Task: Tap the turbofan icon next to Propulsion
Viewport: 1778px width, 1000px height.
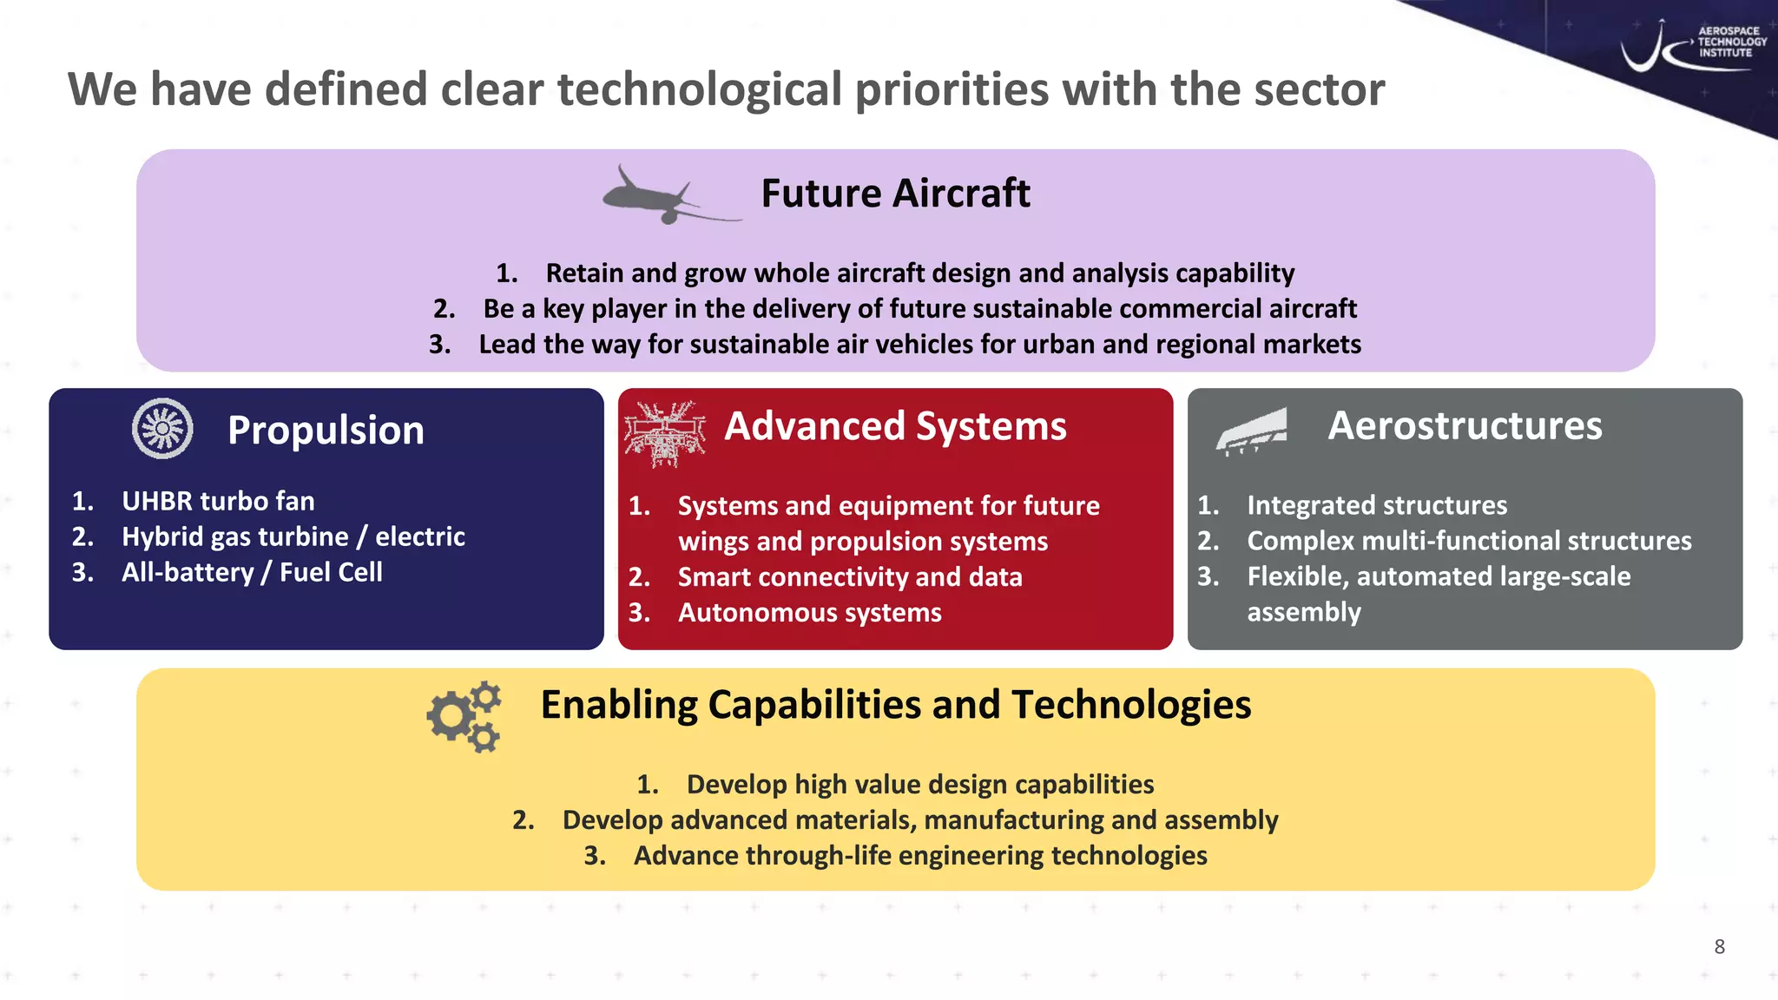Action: tap(162, 428)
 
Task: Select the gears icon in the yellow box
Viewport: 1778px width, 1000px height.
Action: tap(464, 716)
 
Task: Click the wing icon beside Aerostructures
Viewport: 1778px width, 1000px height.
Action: tap(1251, 431)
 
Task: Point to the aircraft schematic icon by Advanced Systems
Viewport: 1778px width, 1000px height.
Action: tap(664, 433)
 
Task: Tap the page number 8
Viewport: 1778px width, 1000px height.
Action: tap(1719, 946)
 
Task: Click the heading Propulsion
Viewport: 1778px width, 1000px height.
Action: tap(326, 431)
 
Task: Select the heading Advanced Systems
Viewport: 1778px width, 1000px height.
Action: tap(895, 426)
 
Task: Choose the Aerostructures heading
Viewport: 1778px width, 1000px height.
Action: tap(1465, 426)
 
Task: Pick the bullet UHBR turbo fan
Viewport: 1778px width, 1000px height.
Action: tap(218, 501)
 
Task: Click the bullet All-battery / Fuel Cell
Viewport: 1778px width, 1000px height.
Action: tap(252, 572)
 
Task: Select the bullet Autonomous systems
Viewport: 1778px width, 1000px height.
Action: tap(809, 613)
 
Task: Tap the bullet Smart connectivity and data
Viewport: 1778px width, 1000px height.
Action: tap(849, 577)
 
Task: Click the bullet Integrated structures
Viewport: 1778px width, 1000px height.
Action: tap(1377, 505)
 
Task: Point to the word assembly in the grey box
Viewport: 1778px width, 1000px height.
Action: tap(1304, 612)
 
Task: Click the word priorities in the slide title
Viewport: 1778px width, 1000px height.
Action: tap(952, 90)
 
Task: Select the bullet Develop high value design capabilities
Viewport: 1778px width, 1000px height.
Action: tap(919, 785)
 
